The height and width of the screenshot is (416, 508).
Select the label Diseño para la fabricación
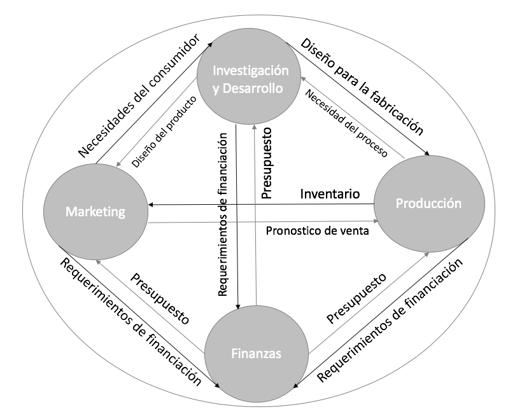click(362, 87)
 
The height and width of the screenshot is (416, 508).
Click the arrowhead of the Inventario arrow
click(152, 205)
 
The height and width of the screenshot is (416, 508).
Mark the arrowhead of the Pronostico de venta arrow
click(376, 221)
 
